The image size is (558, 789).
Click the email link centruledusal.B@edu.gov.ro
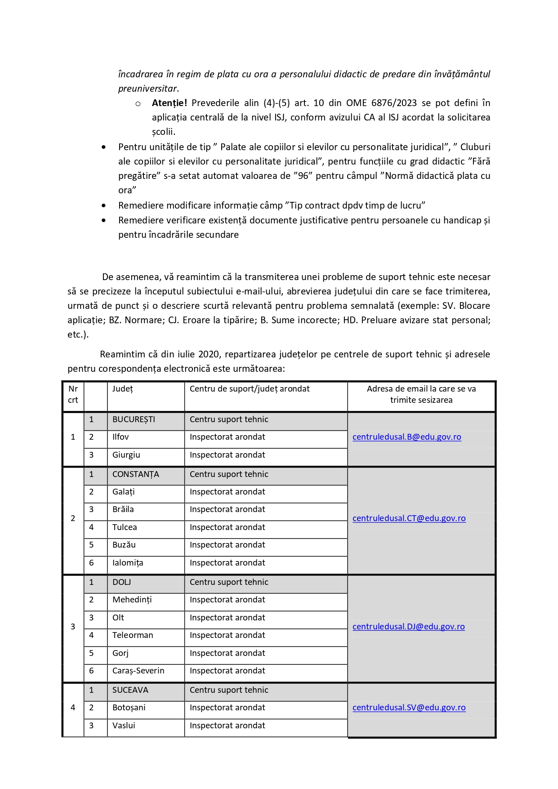(406, 437)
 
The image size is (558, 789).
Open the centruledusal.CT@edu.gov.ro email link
(409, 518)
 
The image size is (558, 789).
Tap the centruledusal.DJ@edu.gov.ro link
(408, 627)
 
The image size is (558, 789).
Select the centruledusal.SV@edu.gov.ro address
(409, 708)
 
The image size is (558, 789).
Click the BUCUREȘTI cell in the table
(134, 419)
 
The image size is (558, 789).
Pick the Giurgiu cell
(126, 455)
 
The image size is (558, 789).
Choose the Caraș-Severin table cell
(138, 671)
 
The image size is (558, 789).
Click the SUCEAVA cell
(130, 690)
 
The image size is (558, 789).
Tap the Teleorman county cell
(133, 635)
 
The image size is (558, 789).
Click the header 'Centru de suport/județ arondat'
(250, 389)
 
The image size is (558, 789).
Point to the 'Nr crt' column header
(73, 394)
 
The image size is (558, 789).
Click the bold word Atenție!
(169, 103)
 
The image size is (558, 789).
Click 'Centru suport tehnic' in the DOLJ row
(229, 582)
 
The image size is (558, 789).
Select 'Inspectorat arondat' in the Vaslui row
(227, 726)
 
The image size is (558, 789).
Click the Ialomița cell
(128, 563)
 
